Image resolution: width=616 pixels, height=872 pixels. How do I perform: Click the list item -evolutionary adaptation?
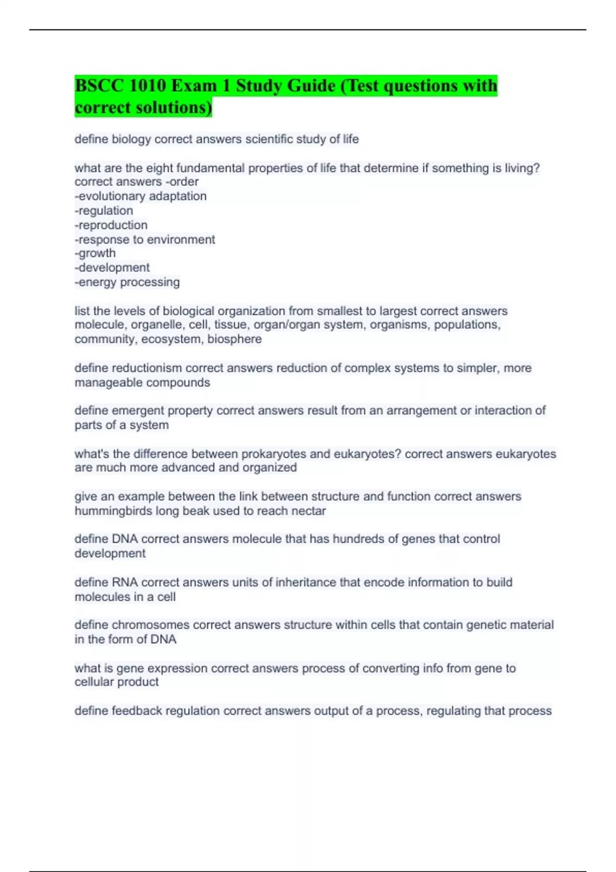[141, 196]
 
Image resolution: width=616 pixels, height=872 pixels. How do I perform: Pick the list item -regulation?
[104, 210]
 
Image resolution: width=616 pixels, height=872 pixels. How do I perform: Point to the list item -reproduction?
[111, 225]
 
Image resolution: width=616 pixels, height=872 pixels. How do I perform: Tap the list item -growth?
[95, 253]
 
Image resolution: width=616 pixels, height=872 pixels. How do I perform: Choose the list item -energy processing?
[127, 282]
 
